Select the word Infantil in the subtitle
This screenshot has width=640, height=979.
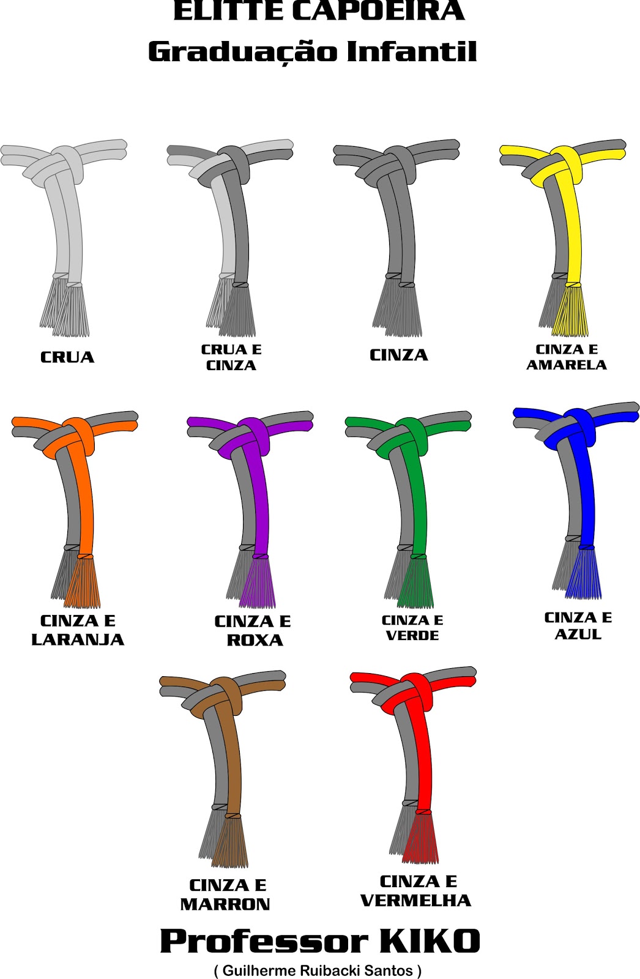click(411, 51)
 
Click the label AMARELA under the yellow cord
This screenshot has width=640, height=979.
click(566, 365)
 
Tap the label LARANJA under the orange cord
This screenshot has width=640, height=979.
click(78, 639)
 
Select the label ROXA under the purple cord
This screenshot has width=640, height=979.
click(255, 640)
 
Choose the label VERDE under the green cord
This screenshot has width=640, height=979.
click(412, 636)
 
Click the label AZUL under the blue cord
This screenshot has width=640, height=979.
click(578, 634)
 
